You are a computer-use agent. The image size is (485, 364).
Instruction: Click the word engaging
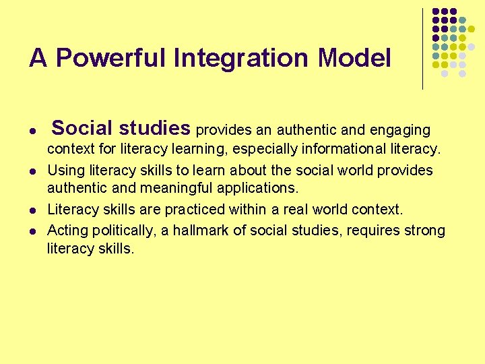pyautogui.click(x=400, y=129)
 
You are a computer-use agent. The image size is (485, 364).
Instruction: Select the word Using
pyautogui.click(x=64, y=170)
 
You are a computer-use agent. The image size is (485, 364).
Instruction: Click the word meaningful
pyautogui.click(x=175, y=187)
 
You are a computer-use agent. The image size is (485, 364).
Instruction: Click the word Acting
pyautogui.click(x=66, y=231)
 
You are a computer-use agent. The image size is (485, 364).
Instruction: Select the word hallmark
pyautogui.click(x=201, y=231)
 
